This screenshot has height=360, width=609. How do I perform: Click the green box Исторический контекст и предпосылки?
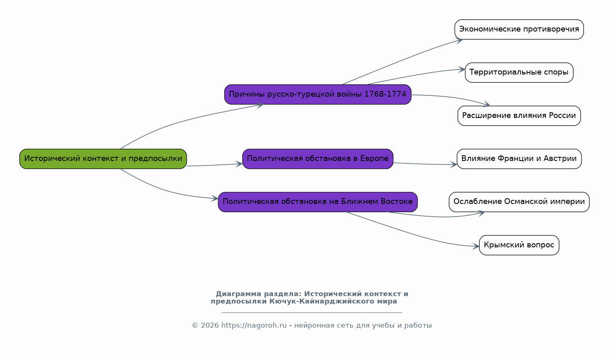(103, 158)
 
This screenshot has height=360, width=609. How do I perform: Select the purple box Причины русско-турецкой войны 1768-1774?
(318, 95)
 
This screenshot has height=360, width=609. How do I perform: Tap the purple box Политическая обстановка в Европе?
(318, 158)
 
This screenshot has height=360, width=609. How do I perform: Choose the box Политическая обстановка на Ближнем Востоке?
(318, 202)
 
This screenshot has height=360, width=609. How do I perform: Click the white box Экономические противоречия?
(519, 29)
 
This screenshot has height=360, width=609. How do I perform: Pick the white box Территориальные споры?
(519, 72)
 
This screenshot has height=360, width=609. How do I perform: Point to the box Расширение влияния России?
(519, 115)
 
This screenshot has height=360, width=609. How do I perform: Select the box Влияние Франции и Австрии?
(519, 158)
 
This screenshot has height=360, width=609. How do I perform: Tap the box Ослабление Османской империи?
(519, 202)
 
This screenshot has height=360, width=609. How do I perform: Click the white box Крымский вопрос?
(519, 245)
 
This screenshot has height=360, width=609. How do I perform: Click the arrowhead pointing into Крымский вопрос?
(476, 246)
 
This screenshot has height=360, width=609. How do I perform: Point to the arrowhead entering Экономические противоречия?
(460, 41)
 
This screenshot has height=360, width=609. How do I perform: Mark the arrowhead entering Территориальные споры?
(462, 70)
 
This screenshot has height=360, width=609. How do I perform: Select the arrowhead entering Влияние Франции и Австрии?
(454, 164)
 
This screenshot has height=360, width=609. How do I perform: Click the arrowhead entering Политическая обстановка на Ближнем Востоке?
(215, 198)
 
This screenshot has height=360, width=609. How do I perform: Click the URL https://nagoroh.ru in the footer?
(254, 326)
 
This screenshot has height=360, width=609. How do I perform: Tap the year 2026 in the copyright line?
(210, 326)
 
